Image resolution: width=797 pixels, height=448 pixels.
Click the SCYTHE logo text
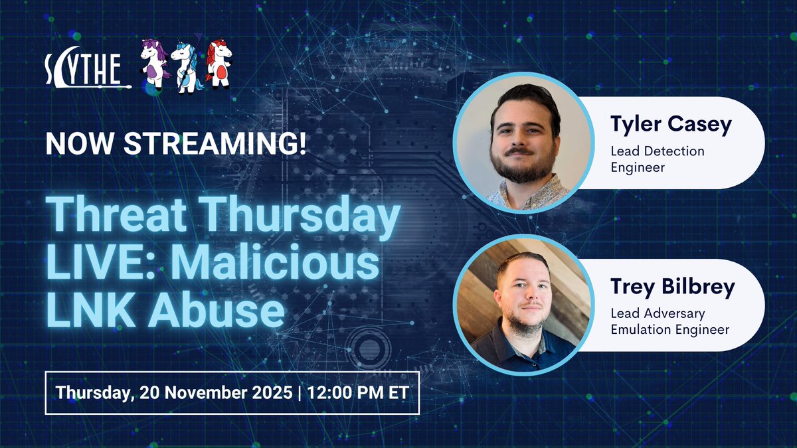(x=85, y=67)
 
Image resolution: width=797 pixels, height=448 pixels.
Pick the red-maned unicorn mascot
(x=218, y=63)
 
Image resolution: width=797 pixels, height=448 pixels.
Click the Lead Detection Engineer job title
(x=657, y=159)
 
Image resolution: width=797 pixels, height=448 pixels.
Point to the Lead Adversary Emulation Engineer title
(x=669, y=321)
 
